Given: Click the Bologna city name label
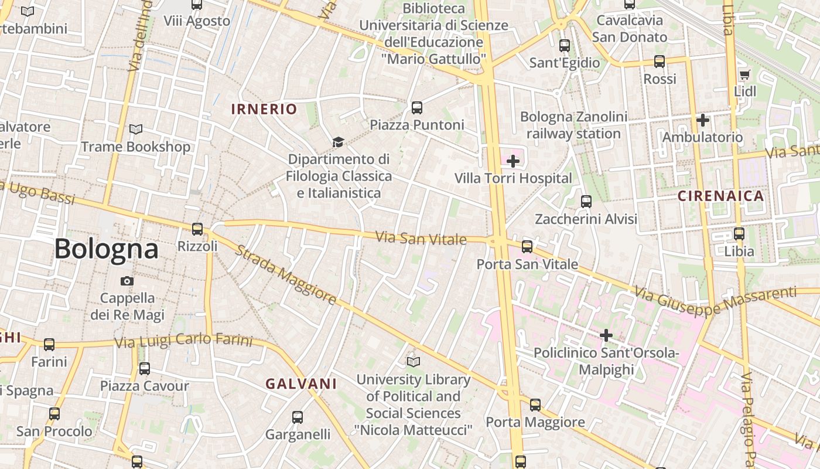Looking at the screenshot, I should coord(106,249).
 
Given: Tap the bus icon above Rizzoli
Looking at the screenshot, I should coord(197,229).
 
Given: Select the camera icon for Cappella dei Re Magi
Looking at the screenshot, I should coord(127,281).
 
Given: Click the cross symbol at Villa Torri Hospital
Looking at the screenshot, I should coord(513,161).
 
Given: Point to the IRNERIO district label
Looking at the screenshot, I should coord(264,109).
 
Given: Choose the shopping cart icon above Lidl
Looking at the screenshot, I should coord(744,74).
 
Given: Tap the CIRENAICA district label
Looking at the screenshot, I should coord(721,196).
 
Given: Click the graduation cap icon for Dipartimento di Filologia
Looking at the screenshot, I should coord(338,142).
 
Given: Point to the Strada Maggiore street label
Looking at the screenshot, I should coord(286,275).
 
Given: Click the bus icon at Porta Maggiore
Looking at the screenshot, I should coord(535,405).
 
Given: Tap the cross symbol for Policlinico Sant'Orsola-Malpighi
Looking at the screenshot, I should coord(606,335).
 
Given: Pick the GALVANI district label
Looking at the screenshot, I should coord(301,384).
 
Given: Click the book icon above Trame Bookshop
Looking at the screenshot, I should coord(136,129).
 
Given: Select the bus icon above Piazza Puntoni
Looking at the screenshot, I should coord(417,107).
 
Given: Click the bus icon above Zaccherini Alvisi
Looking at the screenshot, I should coord(586,202).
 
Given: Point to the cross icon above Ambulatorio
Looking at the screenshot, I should coord(703,120).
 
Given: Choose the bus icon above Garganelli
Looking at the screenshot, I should coord(298,417).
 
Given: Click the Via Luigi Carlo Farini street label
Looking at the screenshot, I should coord(183,341).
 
